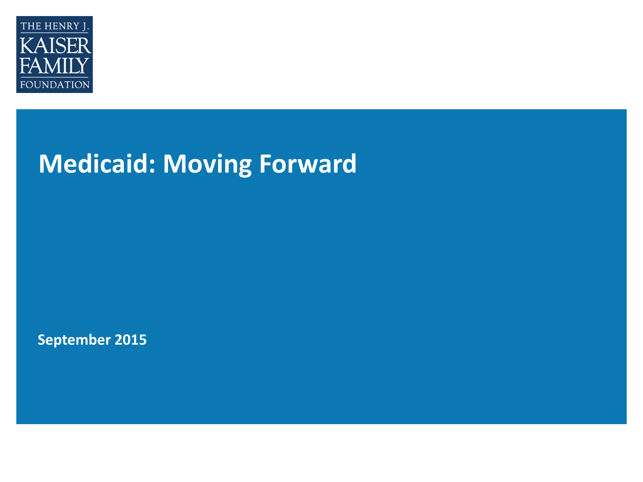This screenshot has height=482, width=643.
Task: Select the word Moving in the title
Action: tap(207, 164)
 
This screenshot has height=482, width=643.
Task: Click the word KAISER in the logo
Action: tap(55, 46)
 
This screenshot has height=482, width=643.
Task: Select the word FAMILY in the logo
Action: tap(54, 66)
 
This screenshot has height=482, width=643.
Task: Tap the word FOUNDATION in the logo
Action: tap(55, 85)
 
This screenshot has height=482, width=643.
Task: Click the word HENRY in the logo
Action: tap(62, 26)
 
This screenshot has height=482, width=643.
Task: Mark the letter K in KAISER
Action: tap(27, 46)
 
